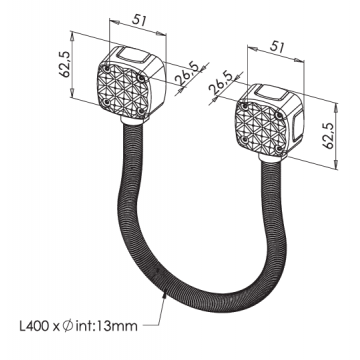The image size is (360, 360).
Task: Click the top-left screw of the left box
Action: pyautogui.click(x=105, y=63)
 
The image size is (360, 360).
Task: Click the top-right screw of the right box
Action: pyautogui.click(x=283, y=103)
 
